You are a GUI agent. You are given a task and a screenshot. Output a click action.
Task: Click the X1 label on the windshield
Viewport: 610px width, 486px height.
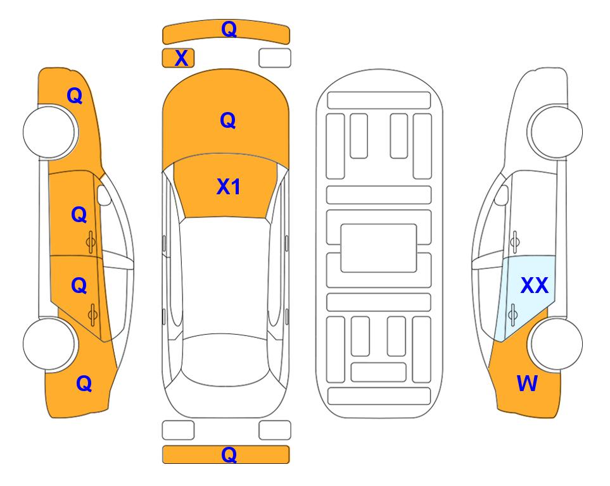point(229,187)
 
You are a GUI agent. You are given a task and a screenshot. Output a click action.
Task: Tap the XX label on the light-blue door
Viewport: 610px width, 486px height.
point(535,285)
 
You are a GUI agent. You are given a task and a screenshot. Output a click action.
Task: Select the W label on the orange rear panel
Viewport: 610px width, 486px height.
point(527,383)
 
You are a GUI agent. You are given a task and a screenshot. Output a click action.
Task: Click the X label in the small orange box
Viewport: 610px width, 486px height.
point(181,58)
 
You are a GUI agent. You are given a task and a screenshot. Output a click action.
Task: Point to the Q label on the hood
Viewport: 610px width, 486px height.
point(228,120)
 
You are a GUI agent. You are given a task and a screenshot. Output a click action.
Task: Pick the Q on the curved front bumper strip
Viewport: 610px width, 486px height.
point(229,29)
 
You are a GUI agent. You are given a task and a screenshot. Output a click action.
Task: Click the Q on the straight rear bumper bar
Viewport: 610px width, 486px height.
point(229,454)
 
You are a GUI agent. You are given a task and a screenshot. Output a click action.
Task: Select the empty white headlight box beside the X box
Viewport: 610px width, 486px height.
point(275,58)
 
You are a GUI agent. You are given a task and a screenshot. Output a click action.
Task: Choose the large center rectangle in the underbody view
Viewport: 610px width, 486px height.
point(379,248)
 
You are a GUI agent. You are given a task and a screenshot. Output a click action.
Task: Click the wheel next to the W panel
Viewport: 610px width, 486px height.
point(555,344)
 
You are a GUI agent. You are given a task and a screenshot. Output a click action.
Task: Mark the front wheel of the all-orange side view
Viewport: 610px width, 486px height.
point(51,132)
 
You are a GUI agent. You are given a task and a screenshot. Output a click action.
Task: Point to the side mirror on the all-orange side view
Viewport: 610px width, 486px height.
point(104,195)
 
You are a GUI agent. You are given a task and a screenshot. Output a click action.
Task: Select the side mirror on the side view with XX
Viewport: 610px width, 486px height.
point(502,195)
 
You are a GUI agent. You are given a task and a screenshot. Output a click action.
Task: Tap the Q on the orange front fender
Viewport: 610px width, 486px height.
point(75,96)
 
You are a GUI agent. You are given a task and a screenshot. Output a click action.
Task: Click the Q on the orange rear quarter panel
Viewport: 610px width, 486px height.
point(84,383)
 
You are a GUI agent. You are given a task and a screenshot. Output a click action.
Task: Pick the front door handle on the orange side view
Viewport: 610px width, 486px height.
point(91,242)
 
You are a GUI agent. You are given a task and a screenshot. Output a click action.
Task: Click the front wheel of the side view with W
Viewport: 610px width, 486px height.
point(555,132)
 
